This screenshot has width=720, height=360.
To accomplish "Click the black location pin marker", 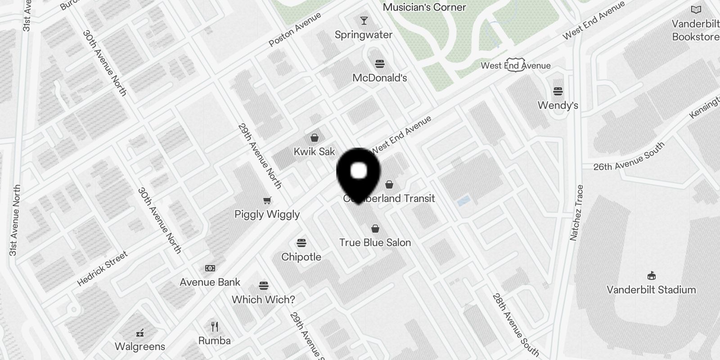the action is click(x=358, y=173).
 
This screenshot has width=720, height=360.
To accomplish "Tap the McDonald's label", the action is click(x=379, y=78).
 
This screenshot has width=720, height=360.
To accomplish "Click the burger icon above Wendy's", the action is click(x=558, y=92).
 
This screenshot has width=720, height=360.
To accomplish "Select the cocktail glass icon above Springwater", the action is click(x=364, y=21).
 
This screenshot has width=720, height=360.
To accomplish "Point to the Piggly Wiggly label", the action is click(x=267, y=214).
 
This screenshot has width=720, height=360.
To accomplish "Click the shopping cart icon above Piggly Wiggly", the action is click(x=267, y=200).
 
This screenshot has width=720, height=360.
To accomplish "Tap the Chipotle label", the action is click(x=301, y=257).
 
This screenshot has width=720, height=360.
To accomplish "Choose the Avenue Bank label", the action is click(x=210, y=282).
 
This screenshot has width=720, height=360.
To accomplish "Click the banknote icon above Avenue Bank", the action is click(x=210, y=268).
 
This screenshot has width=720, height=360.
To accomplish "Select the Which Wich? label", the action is click(x=263, y=299).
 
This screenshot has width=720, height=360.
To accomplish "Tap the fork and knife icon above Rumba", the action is click(x=215, y=326).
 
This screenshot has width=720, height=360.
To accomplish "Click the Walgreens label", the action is click(x=140, y=346).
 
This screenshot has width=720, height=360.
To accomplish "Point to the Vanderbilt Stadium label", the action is click(x=651, y=290).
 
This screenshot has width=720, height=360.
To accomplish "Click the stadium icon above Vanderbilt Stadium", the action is click(x=651, y=275).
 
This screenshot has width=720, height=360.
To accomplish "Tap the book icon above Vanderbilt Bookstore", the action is click(x=696, y=9).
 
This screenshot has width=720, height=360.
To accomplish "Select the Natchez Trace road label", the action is click(x=576, y=213).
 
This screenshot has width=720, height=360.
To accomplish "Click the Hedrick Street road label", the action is click(x=103, y=269).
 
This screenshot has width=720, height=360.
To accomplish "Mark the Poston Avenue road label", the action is click(x=295, y=29).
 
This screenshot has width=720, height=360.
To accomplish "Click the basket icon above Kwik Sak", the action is click(x=315, y=138).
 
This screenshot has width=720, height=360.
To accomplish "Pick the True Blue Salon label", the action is click(x=375, y=243).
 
